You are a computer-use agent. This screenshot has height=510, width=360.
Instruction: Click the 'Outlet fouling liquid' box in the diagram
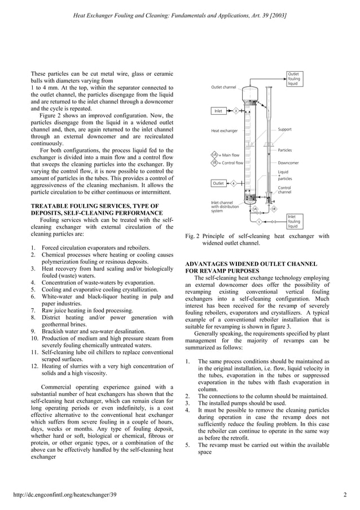pyautogui.click(x=294, y=79)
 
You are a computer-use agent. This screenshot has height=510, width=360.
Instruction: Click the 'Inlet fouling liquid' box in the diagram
pyautogui.click(x=294, y=221)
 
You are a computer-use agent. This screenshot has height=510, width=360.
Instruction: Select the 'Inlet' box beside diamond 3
pyautogui.click(x=218, y=111)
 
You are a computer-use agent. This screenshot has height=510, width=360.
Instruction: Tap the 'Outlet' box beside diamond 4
pyautogui.click(x=218, y=183)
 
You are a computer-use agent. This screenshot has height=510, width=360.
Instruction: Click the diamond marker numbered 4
pyautogui.click(x=233, y=183)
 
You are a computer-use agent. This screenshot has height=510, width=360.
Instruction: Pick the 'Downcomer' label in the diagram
pyautogui.click(x=288, y=163)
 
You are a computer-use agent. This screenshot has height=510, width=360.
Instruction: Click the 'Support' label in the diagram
pyautogui.click(x=284, y=129)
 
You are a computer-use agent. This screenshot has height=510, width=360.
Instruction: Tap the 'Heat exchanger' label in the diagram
pyautogui.click(x=224, y=130)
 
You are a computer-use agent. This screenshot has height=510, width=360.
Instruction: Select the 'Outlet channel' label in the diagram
pyautogui.click(x=223, y=87)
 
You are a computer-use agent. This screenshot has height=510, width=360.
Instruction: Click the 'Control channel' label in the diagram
pyautogui.click(x=284, y=190)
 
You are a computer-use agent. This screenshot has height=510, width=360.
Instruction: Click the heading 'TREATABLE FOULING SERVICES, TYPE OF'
pyautogui.click(x=94, y=206)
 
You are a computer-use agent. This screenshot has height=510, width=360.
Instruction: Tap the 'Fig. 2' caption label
pyautogui.click(x=192, y=236)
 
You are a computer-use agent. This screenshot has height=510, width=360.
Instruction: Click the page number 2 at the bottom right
pyautogui.click(x=344, y=496)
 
